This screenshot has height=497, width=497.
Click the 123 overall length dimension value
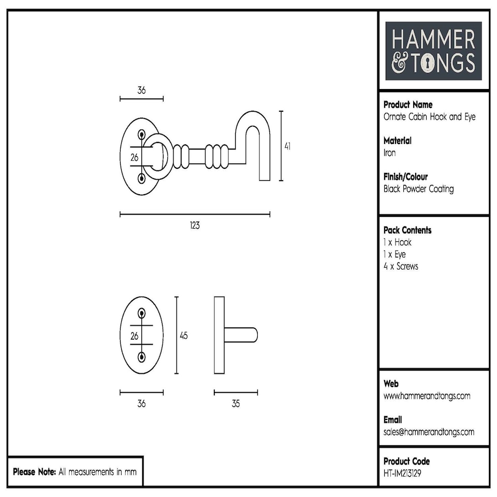coord(195,226)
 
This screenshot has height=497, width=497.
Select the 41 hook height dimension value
coord(287,147)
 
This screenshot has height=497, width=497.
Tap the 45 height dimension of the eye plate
coord(183,335)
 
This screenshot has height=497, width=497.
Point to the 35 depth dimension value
coord(236,404)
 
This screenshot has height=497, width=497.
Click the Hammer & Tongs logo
coord(433,51)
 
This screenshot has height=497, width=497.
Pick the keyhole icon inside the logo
coord(429,64)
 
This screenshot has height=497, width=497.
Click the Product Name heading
coord(408,105)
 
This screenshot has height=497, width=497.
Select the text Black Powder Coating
coord(418,189)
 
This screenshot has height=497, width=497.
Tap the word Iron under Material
coord(389,153)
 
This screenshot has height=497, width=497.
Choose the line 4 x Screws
coord(401,267)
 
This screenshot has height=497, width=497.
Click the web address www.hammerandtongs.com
coord(427,396)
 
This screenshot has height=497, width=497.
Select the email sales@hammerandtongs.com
coord(429,432)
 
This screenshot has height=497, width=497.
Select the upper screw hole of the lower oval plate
coord(142,313)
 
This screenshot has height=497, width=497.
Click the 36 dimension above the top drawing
coord(141,90)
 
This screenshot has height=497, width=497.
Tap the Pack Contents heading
coord(407,230)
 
